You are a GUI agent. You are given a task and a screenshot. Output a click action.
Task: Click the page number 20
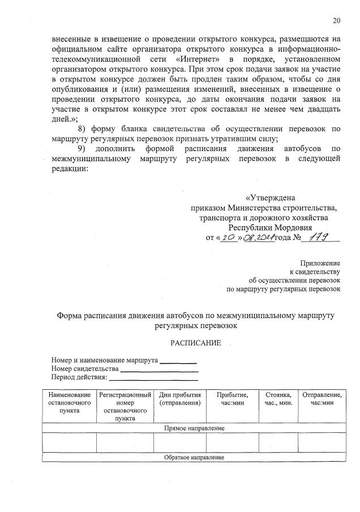(x=337, y=21)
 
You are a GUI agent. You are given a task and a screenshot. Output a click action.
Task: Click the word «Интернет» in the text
(x=198, y=59)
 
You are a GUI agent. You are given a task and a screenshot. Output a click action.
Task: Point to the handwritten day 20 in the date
(x=230, y=238)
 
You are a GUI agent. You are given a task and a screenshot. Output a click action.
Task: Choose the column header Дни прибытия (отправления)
(x=181, y=398)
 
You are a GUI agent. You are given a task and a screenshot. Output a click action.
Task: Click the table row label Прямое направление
(x=194, y=428)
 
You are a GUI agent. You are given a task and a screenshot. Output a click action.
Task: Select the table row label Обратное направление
(x=194, y=457)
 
